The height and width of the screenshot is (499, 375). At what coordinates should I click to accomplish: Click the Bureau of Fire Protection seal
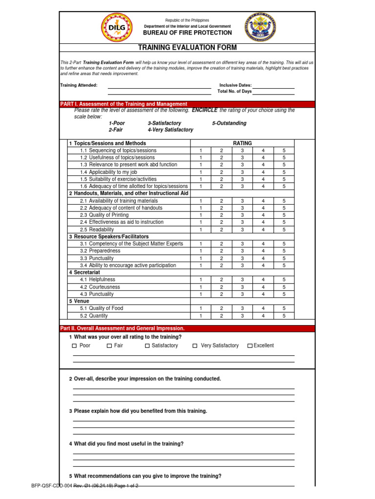261,28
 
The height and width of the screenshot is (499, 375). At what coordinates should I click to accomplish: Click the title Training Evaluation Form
188,47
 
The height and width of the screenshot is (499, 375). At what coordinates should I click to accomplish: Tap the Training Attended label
79,85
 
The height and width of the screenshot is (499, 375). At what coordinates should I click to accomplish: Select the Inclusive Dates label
235,85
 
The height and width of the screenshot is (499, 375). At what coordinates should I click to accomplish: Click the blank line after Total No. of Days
273,92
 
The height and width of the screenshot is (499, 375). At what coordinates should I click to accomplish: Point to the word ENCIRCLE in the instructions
205,110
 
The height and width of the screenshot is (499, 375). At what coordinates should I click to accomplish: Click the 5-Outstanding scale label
229,123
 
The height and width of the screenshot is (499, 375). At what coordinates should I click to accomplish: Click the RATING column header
242,143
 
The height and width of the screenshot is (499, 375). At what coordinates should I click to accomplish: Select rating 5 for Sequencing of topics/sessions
284,151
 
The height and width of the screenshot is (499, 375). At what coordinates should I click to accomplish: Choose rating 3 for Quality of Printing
242,215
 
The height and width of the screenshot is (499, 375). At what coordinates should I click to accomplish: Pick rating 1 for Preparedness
200,251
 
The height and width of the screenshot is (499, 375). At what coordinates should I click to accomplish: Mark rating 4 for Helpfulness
263,280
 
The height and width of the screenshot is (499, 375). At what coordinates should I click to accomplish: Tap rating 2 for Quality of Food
221,308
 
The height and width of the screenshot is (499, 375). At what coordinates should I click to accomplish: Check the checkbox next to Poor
74,346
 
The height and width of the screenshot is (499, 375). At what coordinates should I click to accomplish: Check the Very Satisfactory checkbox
195,346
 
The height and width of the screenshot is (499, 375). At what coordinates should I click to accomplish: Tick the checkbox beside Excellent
250,346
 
